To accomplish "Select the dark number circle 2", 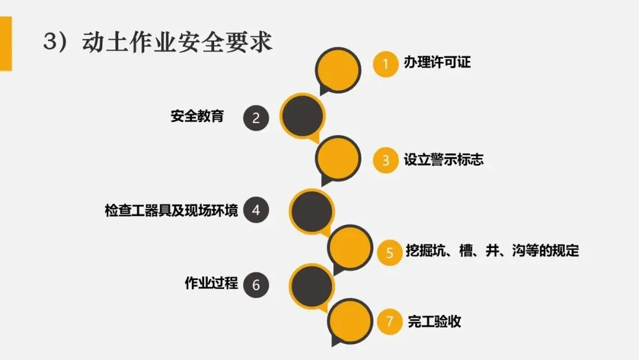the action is [256, 117].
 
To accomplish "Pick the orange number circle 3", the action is [386, 160].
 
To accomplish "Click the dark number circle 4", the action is [256, 210].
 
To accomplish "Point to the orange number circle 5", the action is [389, 252].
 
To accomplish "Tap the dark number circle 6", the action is [256, 285].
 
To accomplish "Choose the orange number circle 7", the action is [389, 322].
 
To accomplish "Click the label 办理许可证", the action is [437, 63].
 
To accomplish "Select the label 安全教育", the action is [197, 116].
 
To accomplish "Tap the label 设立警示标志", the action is [443, 160].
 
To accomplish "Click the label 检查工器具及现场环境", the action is [172, 210].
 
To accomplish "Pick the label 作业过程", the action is [211, 284].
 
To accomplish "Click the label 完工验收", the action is [434, 322].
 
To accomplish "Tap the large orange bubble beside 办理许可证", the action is [338, 70].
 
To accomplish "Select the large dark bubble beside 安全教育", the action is [302, 115].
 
